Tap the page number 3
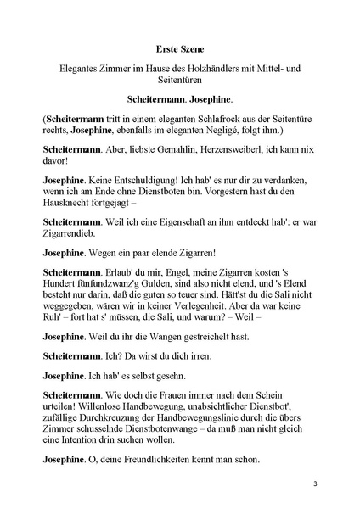point(315,484)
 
